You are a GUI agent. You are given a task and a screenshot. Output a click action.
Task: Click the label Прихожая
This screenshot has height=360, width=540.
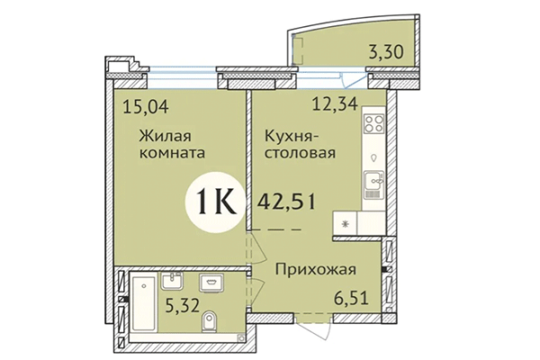click(x=317, y=267)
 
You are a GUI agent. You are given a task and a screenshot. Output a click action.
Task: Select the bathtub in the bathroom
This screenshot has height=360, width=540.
click(x=140, y=301)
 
